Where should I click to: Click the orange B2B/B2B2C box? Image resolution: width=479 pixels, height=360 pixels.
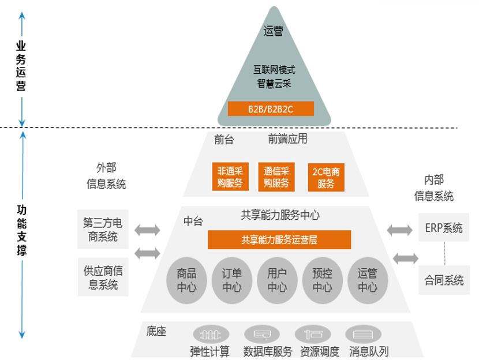pyautogui.click(x=271, y=108)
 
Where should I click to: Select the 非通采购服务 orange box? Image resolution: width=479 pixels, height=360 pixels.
pyautogui.click(x=230, y=177)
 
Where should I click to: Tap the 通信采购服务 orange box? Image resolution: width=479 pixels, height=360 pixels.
pyautogui.click(x=276, y=177)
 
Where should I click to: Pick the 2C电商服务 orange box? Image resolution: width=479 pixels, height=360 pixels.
pyautogui.click(x=326, y=177)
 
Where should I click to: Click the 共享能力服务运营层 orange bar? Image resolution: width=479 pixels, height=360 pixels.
pyautogui.click(x=279, y=239)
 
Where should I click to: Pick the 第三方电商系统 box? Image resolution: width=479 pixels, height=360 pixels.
pyautogui.click(x=103, y=229)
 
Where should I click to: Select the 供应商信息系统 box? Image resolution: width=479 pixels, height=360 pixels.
pyautogui.click(x=103, y=277)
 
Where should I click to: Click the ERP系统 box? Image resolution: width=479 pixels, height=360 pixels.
pyautogui.click(x=444, y=228)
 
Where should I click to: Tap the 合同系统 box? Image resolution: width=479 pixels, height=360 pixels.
pyautogui.click(x=444, y=280)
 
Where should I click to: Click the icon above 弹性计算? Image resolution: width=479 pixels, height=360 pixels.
pyautogui.click(x=211, y=334)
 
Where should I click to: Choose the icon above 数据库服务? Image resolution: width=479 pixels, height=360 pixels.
pyautogui.click(x=261, y=334)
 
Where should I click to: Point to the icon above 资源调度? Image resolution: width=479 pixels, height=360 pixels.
pyautogui.click(x=312, y=334)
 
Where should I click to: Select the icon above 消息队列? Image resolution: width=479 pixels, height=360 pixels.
pyautogui.click(x=363, y=334)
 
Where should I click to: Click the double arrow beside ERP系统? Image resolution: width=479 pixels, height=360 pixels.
pyautogui.click(x=399, y=230)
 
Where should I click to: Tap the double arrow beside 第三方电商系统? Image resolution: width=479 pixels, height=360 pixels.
pyautogui.click(x=147, y=230)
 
